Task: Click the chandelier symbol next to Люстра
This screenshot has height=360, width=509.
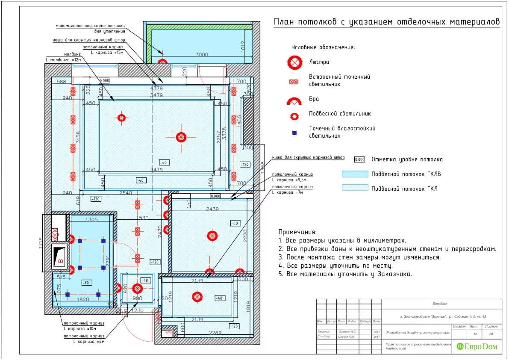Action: click(x=294, y=62)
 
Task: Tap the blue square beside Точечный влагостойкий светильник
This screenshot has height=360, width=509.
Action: click(x=294, y=133)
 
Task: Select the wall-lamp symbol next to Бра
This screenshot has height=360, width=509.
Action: click(x=294, y=101)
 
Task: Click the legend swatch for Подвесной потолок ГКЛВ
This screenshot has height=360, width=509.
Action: click(x=355, y=174)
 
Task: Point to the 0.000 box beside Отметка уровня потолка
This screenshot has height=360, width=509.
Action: click(x=360, y=159)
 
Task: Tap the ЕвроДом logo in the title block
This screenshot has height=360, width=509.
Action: click(x=477, y=346)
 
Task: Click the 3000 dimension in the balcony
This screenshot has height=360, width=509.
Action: click(x=202, y=54)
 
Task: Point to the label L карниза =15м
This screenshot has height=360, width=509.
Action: click(x=107, y=52)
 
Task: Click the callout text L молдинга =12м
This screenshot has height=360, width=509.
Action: click(x=63, y=60)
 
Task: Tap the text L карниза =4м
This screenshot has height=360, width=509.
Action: click(x=89, y=341)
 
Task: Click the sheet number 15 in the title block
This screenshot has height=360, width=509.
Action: click(x=475, y=333)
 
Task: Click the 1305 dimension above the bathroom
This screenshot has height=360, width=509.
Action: click(x=91, y=219)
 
